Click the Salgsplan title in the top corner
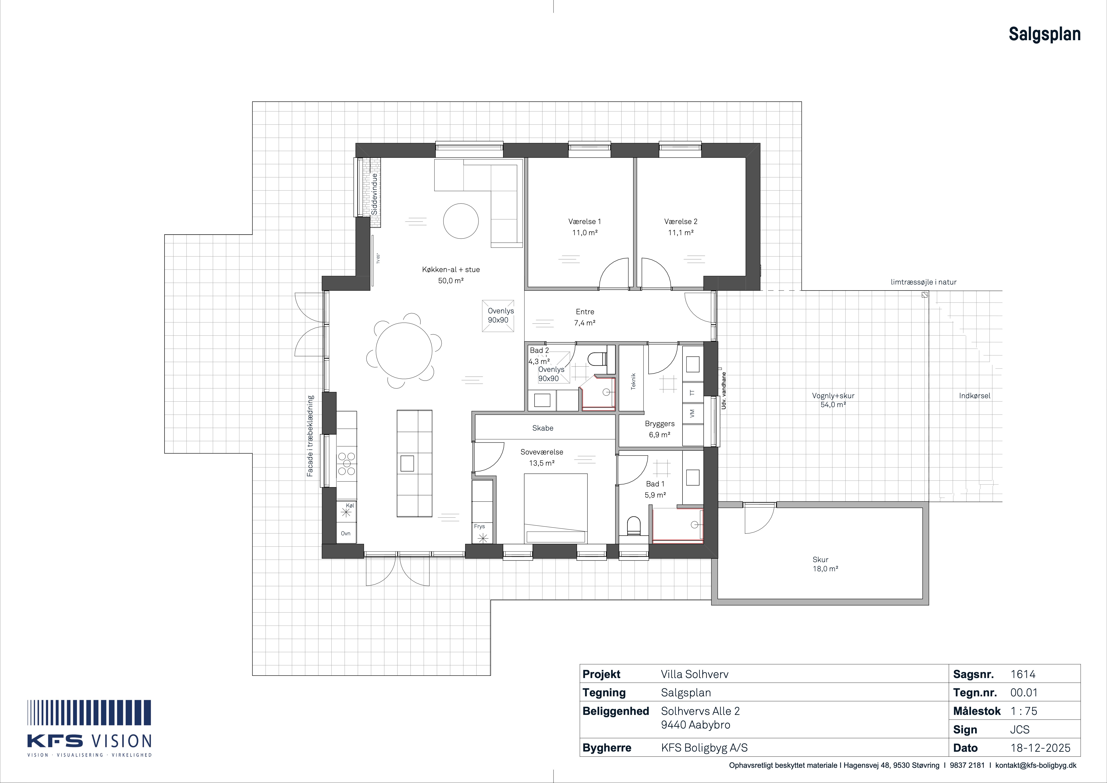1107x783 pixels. (x=1044, y=34)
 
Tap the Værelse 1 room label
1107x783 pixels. (x=584, y=222)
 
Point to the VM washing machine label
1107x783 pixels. (x=692, y=413)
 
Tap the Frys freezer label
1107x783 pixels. (x=479, y=526)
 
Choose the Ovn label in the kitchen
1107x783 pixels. (x=346, y=534)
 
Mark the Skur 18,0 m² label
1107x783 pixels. (x=825, y=564)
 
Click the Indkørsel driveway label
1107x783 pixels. (x=974, y=396)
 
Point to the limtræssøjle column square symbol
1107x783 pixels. (x=924, y=294)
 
